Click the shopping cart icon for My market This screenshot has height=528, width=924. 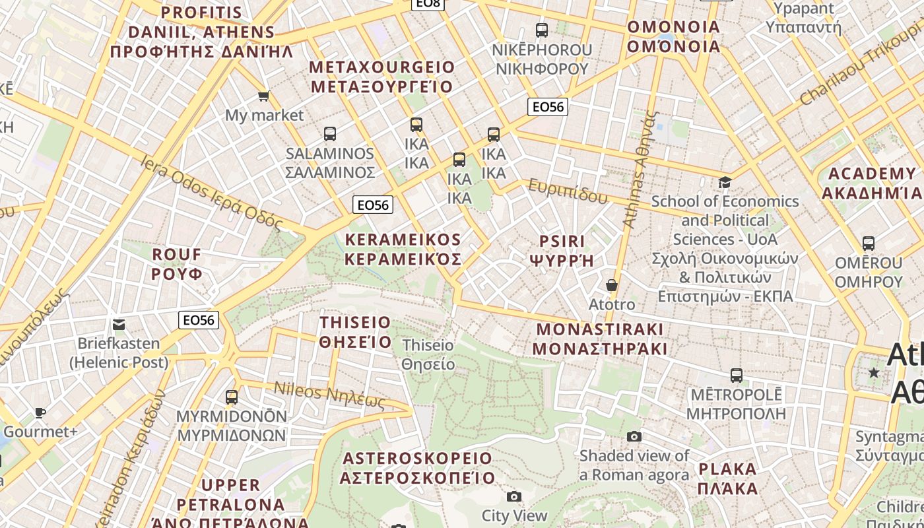point(264,96)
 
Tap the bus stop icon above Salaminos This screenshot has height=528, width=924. point(330,134)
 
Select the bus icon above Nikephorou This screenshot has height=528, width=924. point(542,30)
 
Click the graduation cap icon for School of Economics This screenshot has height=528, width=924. point(725,182)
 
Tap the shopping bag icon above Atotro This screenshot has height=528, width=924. point(612,285)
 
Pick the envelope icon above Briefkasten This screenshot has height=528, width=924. point(119,324)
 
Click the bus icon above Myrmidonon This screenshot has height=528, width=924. point(232,397)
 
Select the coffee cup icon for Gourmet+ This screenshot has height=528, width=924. point(40,412)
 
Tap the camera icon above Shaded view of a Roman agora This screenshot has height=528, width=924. point(634,436)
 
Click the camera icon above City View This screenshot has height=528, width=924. point(514,496)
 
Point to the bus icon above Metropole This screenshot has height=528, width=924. point(737,376)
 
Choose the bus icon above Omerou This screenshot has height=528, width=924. point(869,243)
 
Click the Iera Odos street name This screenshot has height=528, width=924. point(211,194)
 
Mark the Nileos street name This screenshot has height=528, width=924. point(329,395)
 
